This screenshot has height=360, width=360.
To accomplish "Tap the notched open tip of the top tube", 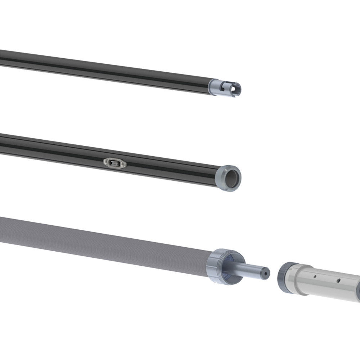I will coord(237,89).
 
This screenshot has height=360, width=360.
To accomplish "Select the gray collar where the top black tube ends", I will coord(214,87).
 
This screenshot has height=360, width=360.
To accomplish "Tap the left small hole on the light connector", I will coord(315,277).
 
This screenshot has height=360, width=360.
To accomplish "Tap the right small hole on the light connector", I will coord(338,280).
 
